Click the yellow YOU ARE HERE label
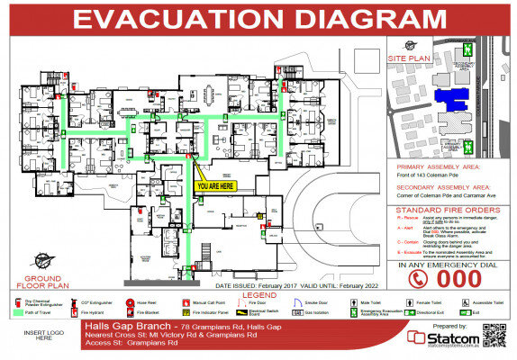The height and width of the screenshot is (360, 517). pos(214,185)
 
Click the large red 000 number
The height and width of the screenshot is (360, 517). pos(459,279)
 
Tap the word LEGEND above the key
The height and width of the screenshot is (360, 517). pos(259,294)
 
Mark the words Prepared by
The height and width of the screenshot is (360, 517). pos(450,324)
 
